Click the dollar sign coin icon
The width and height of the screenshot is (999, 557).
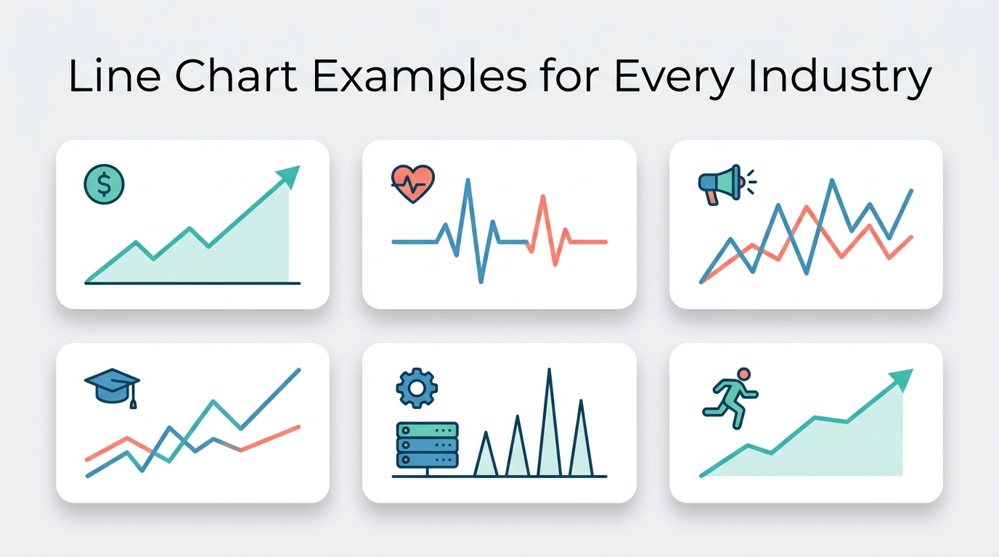click(x=105, y=184)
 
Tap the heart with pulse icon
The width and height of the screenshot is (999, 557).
click(x=412, y=183)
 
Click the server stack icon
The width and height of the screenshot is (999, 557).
click(x=427, y=445)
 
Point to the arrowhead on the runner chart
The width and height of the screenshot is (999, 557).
click(x=902, y=379)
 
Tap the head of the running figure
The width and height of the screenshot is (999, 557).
click(x=743, y=374)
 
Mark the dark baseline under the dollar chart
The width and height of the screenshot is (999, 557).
click(x=192, y=283)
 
